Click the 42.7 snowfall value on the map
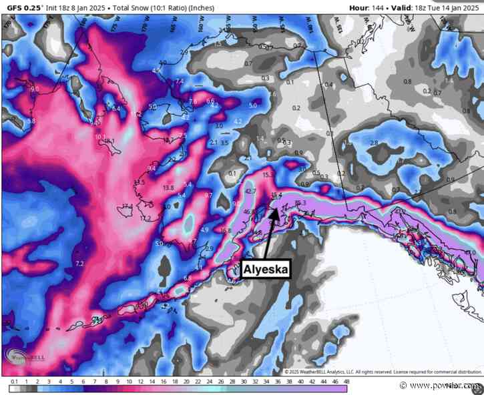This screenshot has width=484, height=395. pos(251,192)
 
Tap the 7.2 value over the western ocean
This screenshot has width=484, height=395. pos(81,265)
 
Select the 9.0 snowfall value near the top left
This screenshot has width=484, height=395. pos(35,89)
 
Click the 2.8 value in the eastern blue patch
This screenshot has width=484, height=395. pos(374,143)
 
